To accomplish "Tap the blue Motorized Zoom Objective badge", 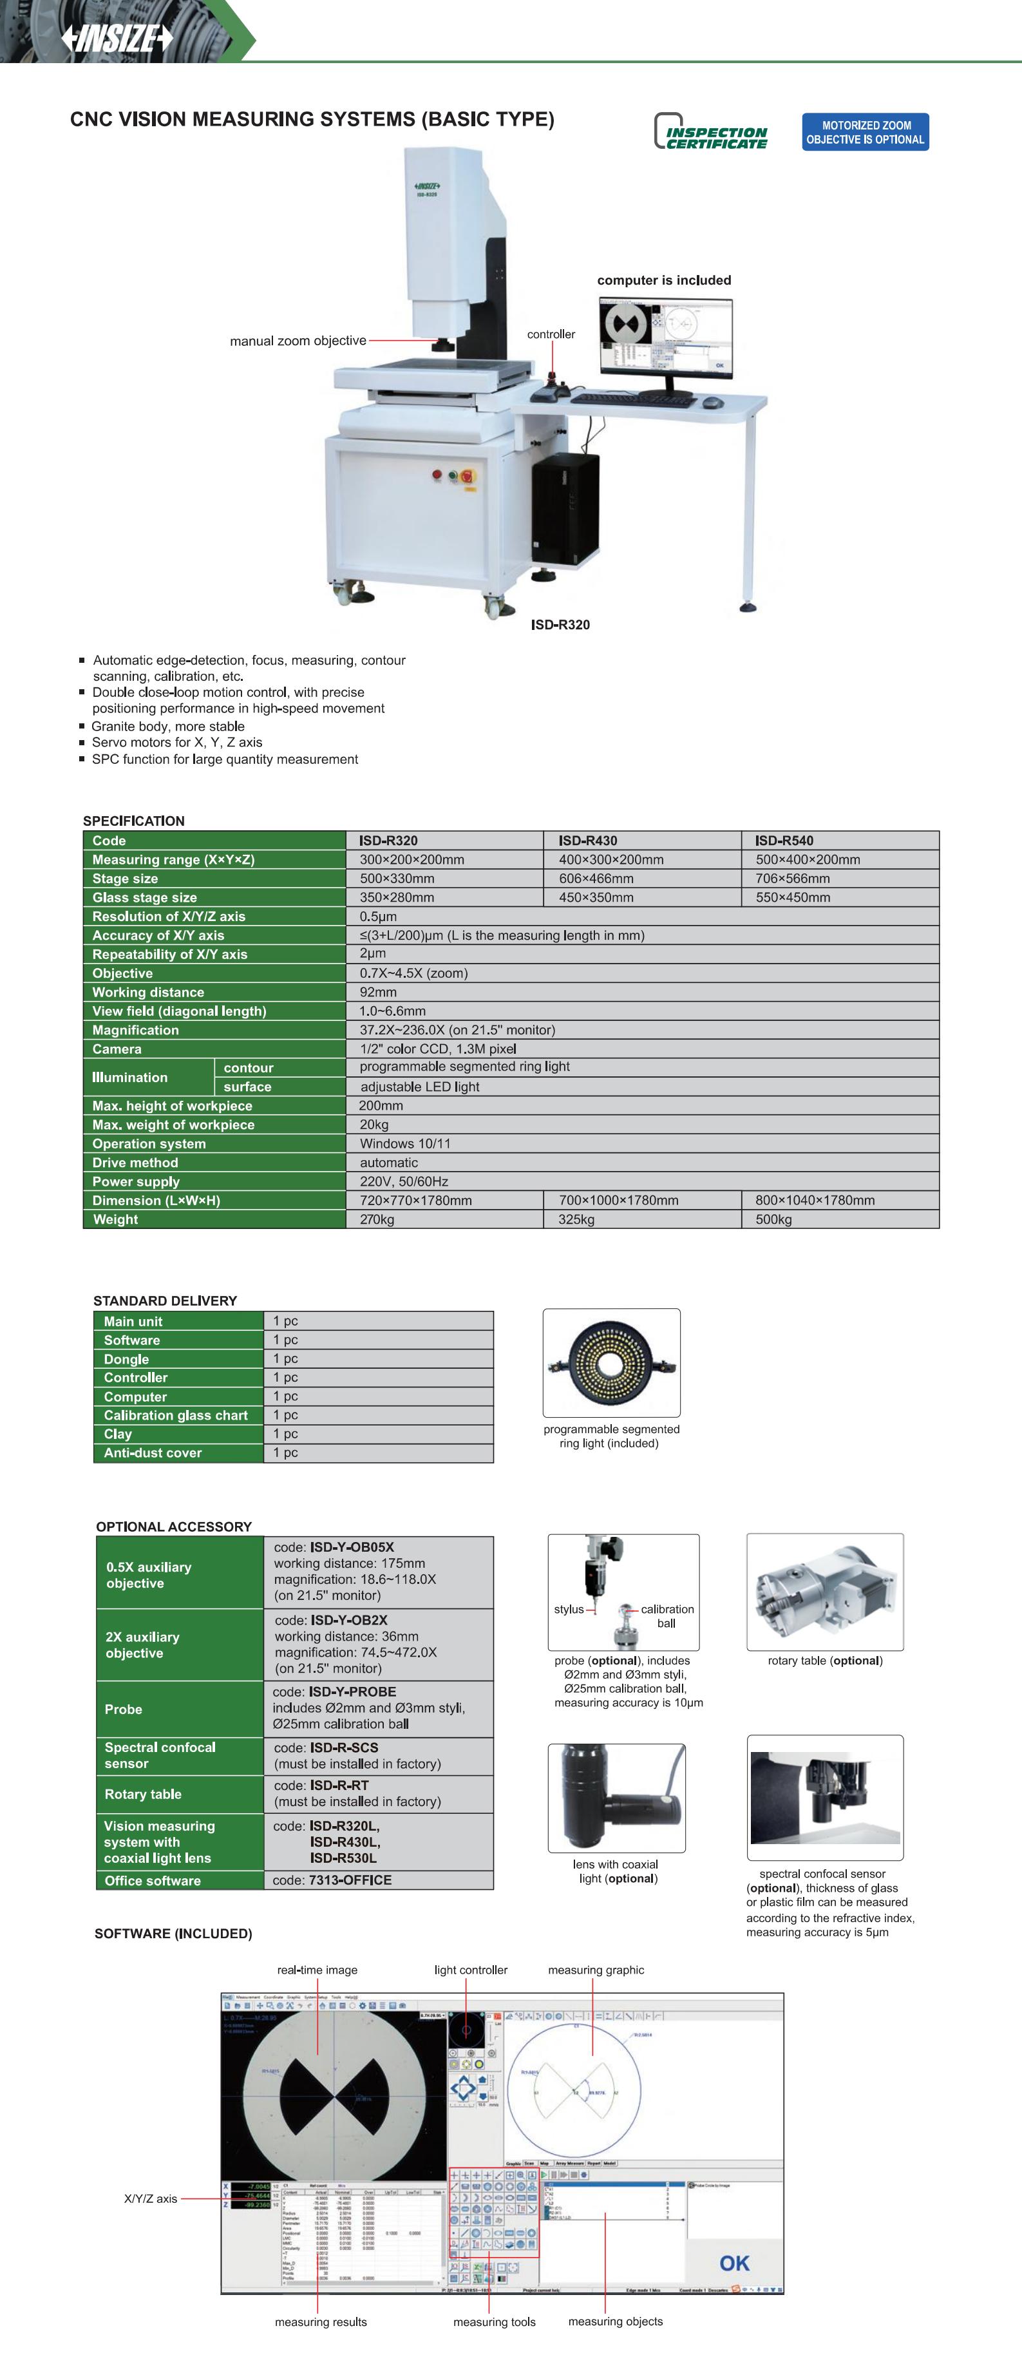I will (866, 132).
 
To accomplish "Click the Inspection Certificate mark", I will (711, 132).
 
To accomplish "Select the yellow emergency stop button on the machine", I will (466, 476).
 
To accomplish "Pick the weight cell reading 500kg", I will (773, 1219).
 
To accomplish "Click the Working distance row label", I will (149, 992).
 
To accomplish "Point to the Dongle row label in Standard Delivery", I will (126, 1359).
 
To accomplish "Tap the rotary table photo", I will (824, 1593).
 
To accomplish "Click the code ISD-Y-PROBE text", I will (335, 1691).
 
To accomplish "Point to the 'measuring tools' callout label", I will (494, 2321).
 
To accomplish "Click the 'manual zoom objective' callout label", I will (298, 341).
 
